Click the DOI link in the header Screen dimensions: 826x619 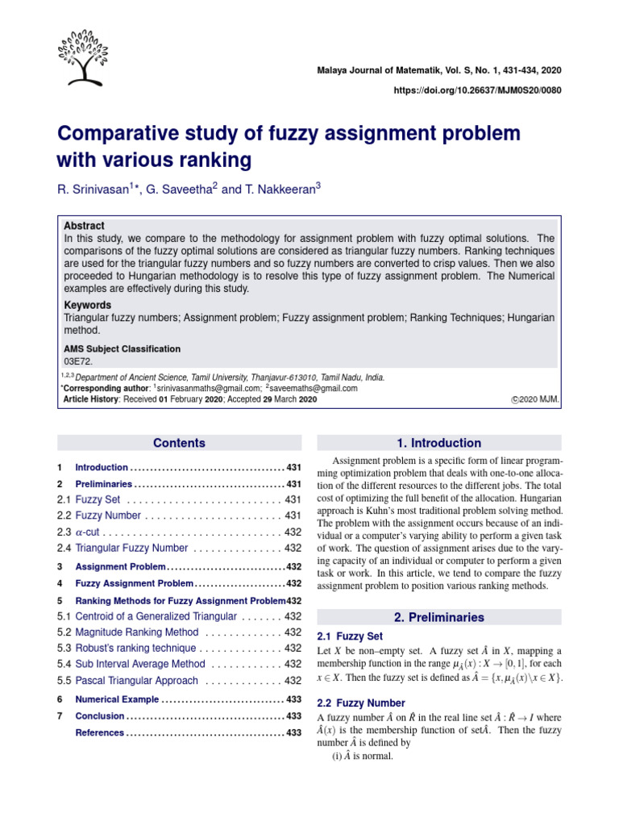tap(477, 90)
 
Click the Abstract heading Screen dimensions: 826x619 tap(84, 226)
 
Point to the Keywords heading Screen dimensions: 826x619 tap(87, 306)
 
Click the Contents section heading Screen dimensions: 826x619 tap(179, 443)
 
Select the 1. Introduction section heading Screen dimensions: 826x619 tap(439, 443)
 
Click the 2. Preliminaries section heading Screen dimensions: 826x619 tap(439, 617)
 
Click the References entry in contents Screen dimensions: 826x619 tap(99, 732)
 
